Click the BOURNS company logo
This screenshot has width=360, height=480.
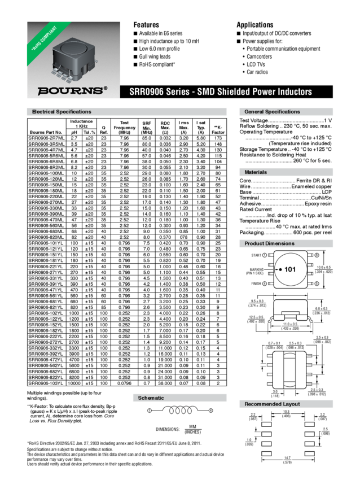[71, 90]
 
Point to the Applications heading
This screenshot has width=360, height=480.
[255, 25]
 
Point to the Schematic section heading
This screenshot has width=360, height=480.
[151, 398]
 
